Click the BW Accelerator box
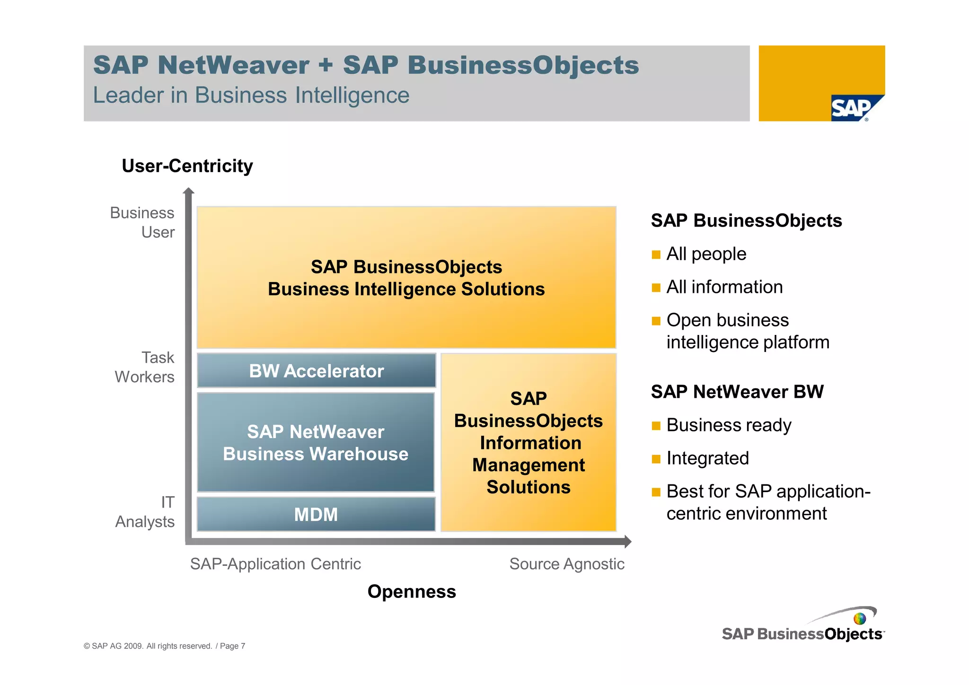(x=316, y=371)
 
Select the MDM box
(x=316, y=514)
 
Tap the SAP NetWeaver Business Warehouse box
(x=316, y=443)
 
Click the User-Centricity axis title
(x=187, y=166)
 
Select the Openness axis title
(x=412, y=592)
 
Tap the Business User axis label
(x=142, y=222)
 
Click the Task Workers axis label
(x=145, y=367)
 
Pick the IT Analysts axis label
(x=145, y=512)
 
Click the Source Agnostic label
(x=567, y=564)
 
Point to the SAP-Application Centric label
(x=275, y=564)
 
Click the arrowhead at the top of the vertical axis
(x=189, y=191)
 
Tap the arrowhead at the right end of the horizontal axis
(x=628, y=541)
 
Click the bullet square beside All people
(x=656, y=255)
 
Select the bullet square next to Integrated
(x=656, y=459)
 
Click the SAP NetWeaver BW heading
(x=737, y=392)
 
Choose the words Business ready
(x=729, y=425)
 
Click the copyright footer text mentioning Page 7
(x=165, y=646)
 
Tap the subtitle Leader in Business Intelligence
(x=251, y=95)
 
